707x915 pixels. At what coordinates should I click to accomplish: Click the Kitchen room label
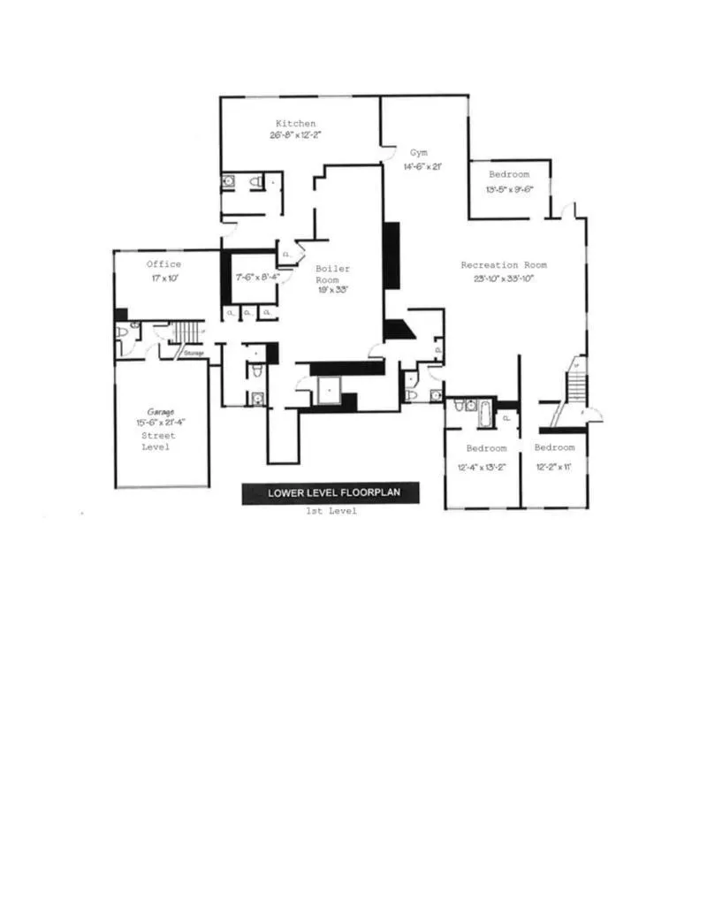tap(295, 123)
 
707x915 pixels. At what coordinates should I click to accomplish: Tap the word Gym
tap(418, 153)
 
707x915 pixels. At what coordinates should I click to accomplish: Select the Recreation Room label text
tap(504, 264)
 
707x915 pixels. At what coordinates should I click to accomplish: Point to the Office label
tap(163, 264)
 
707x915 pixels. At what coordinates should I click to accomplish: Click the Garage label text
tap(160, 411)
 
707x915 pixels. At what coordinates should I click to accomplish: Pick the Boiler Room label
tap(332, 274)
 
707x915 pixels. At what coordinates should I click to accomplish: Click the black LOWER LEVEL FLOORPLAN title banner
tap(331, 493)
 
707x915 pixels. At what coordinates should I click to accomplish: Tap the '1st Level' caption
tap(331, 512)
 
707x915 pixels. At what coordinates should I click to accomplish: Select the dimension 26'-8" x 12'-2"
tap(295, 136)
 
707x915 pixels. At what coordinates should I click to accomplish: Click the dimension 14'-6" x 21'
tap(422, 166)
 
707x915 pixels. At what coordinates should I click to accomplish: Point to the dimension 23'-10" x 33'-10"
tap(504, 278)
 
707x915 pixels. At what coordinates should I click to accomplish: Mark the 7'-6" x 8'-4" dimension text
tap(257, 277)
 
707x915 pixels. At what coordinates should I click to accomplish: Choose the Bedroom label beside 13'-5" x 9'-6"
tap(509, 174)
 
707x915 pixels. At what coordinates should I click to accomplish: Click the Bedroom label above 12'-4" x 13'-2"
tap(486, 448)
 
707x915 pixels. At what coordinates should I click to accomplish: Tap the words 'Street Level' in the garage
tap(159, 441)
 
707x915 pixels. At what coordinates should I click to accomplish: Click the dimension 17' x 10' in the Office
tap(163, 278)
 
